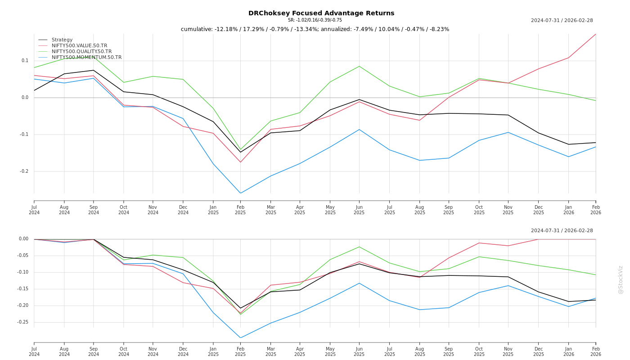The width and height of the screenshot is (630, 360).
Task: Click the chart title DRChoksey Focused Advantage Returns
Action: coord(321,13)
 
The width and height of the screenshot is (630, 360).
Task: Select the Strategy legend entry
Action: coord(62,40)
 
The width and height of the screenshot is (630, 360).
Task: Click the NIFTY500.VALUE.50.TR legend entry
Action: coord(79,46)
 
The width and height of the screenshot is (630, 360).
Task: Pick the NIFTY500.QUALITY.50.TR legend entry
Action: coord(81,52)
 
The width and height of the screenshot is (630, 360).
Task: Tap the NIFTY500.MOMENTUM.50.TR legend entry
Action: coord(86,58)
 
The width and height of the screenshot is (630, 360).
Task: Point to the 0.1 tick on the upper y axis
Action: coord(25,61)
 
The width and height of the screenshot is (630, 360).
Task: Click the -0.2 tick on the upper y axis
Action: coord(24,171)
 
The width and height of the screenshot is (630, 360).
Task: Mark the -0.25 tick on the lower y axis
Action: coord(22,322)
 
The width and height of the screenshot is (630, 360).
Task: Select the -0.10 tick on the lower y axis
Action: coord(22,272)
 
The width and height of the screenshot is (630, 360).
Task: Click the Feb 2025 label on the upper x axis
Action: coord(240,210)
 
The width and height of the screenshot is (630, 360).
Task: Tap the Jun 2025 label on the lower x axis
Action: coord(359,351)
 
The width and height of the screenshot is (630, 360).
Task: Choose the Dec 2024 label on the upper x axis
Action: coord(183,210)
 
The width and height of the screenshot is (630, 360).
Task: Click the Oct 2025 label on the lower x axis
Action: coord(479,351)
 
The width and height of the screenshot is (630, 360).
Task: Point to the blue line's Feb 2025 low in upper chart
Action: coord(240,193)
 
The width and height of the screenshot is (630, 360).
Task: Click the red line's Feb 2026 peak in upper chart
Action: coord(595,34)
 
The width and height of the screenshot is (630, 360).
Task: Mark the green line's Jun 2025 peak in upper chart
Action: coord(359,66)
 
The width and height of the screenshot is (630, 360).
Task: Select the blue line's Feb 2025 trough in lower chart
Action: coord(240,338)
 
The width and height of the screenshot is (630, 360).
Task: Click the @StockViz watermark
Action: coord(621,279)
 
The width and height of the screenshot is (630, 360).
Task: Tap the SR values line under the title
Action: coord(315,20)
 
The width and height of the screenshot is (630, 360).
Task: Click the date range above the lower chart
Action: coord(562,231)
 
